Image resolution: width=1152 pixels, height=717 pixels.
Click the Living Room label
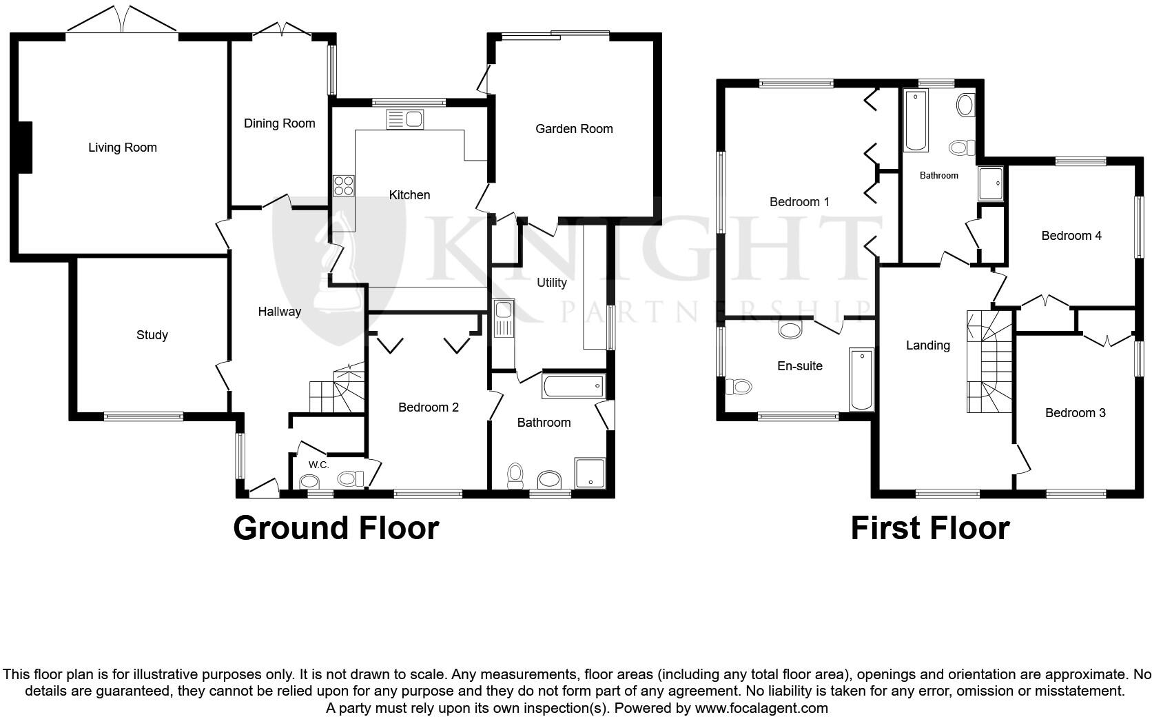pos(122,148)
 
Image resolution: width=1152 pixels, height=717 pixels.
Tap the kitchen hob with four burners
pos(343,186)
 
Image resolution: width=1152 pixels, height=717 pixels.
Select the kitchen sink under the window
pos(405,119)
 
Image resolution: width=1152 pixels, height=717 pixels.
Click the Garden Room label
pos(574,129)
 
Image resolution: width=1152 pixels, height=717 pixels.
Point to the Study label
pos(152,335)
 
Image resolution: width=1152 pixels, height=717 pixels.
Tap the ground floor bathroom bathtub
pos(573,386)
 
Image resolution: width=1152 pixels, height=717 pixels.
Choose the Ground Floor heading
pos(336,528)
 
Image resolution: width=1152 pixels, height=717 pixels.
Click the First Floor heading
pos(929,528)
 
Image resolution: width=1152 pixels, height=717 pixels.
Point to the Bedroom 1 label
pos(799,202)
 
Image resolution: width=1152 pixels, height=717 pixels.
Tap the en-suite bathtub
pos(861,380)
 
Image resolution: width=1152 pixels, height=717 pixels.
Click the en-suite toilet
pos(739,386)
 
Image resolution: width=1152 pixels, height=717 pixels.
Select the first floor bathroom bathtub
pos(916,121)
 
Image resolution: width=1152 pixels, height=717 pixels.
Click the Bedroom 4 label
pos(1071,236)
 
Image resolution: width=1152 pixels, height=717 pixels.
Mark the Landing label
pos(927,345)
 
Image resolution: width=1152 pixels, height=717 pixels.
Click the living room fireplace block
pos(25,147)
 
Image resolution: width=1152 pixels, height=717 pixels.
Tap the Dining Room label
pos(279,123)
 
